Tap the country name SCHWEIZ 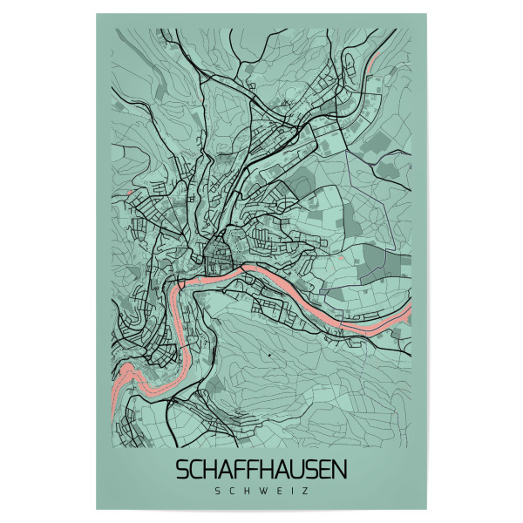(261, 490)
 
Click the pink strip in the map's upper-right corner (377, 59)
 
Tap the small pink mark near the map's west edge (127, 193)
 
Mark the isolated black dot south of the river (270, 356)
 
